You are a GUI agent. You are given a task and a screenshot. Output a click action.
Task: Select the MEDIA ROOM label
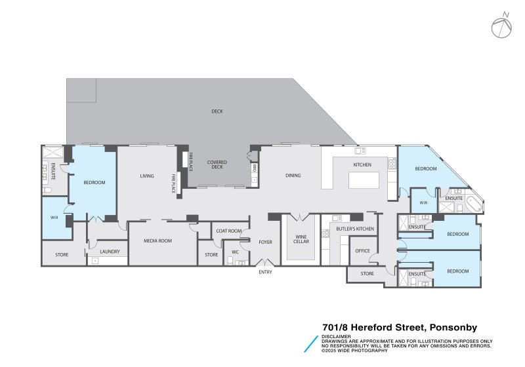click(157, 241)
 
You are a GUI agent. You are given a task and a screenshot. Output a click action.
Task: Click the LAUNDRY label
click(109, 251)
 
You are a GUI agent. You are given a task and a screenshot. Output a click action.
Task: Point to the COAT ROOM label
click(229, 231)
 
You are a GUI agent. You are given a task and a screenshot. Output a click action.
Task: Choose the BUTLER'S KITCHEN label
click(355, 228)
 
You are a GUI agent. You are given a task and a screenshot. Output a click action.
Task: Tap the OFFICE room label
click(362, 250)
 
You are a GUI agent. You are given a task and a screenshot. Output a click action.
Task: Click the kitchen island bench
click(364, 180)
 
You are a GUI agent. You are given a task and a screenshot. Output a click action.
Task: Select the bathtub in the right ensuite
click(472, 206)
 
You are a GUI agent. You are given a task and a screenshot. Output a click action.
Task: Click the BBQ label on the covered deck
click(254, 168)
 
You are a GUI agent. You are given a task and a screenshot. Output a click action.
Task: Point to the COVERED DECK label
click(217, 164)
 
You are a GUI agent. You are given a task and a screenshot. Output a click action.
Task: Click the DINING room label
click(293, 175)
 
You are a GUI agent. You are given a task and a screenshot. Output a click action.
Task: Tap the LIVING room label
click(146, 176)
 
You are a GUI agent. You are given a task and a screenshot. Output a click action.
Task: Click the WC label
click(234, 251)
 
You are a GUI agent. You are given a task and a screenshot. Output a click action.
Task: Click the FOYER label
click(265, 242)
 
